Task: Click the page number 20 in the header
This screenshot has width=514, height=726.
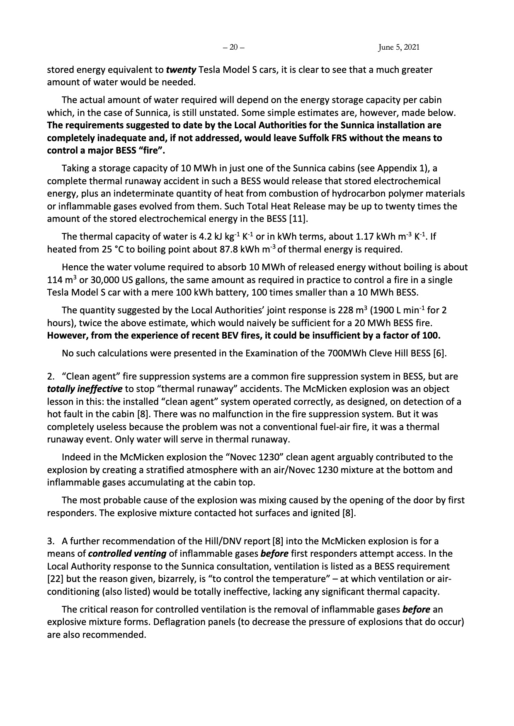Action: pyautogui.click(x=234, y=47)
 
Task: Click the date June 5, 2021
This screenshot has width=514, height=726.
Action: pyautogui.click(x=399, y=47)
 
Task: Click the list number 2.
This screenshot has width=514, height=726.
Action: pyautogui.click(x=51, y=377)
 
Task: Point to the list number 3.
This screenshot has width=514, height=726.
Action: pyautogui.click(x=51, y=541)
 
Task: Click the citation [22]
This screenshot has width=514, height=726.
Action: pyautogui.click(x=54, y=579)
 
